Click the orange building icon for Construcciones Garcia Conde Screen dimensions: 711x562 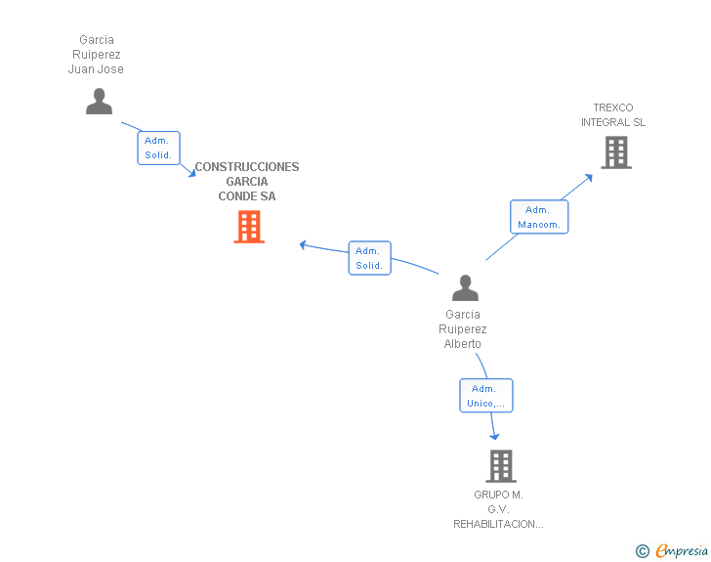click(x=249, y=227)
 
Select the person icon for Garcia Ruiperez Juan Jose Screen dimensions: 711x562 click(x=99, y=102)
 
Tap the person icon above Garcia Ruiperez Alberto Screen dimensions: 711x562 click(x=465, y=287)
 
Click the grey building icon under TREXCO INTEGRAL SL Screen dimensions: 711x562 click(x=616, y=152)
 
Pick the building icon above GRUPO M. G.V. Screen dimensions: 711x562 click(x=501, y=466)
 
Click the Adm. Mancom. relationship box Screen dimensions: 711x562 click(x=539, y=217)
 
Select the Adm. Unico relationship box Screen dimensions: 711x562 click(x=486, y=396)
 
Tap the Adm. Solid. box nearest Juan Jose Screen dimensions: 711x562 click(x=158, y=148)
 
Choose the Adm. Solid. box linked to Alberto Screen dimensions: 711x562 click(x=369, y=258)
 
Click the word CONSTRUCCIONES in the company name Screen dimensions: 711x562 click(x=247, y=167)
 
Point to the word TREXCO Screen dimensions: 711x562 click(x=613, y=108)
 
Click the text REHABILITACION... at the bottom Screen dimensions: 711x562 click(x=498, y=524)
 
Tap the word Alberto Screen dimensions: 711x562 click(x=463, y=344)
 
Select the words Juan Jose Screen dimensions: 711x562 click(x=96, y=69)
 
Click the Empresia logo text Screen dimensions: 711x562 click(x=682, y=550)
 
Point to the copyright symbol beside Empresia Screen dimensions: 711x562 click(x=643, y=551)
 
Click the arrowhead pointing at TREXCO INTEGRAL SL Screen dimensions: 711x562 click(x=589, y=178)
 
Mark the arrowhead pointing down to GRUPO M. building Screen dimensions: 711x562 click(x=495, y=436)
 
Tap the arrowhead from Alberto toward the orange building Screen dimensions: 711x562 click(x=303, y=244)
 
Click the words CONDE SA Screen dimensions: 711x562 click(x=247, y=196)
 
